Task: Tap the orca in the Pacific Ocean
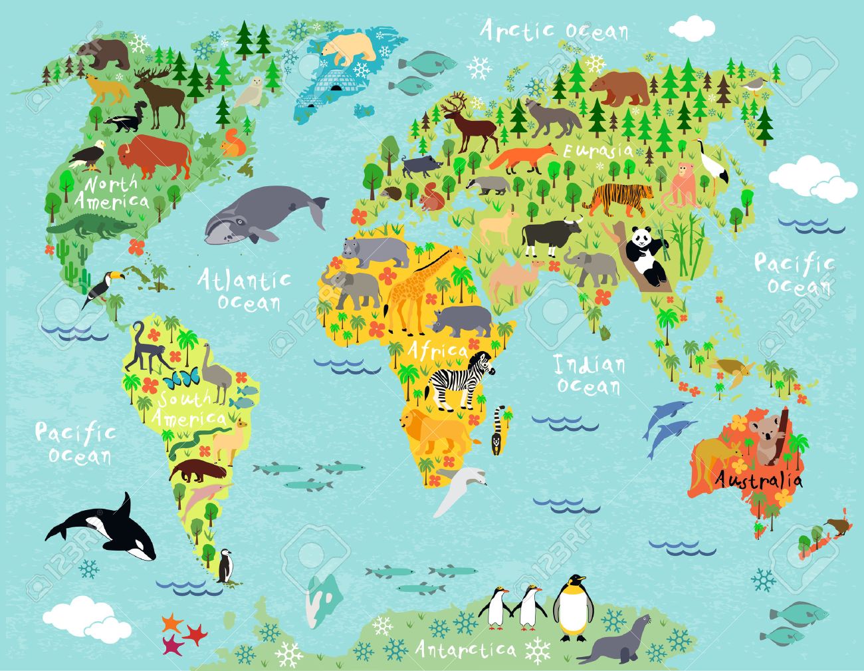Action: [x=106, y=529]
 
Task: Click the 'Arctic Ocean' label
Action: [x=553, y=31]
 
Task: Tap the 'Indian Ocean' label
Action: [x=589, y=375]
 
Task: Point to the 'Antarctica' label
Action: [x=465, y=648]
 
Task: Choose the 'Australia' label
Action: [x=758, y=479]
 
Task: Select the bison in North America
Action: [x=156, y=156]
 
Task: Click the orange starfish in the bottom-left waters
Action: [x=172, y=623]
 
